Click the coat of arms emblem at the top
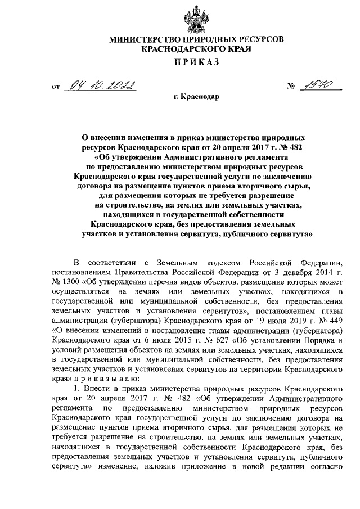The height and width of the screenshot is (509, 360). pos(181,16)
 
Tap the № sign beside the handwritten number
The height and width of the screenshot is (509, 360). pos(291,88)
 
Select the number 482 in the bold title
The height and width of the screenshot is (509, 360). pos(296,146)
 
